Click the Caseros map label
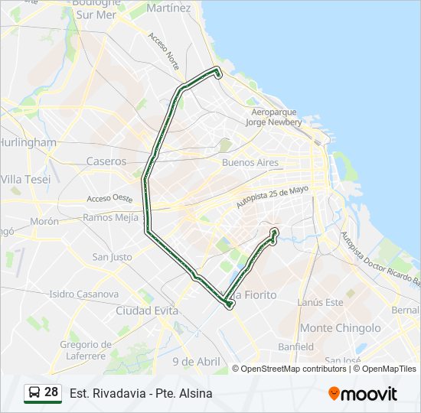pyautogui.click(x=106, y=161)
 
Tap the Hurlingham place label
pyautogui.click(x=28, y=142)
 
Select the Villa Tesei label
pyautogui.click(x=26, y=179)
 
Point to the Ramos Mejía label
pyautogui.click(x=110, y=217)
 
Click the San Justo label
pyautogui.click(x=112, y=257)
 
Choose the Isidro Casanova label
pyautogui.click(x=84, y=294)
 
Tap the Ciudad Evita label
pyautogui.click(x=147, y=311)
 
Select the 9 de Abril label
pyautogui.click(x=196, y=361)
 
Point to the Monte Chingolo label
pyautogui.click(x=340, y=328)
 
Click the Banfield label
pyautogui.click(x=295, y=346)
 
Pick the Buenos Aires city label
pyautogui.click(x=250, y=163)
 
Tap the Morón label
pyautogui.click(x=44, y=221)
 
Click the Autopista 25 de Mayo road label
pyautogui.click(x=273, y=197)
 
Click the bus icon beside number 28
pyautogui.click(x=34, y=393)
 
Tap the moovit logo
pyautogui.click(x=363, y=393)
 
